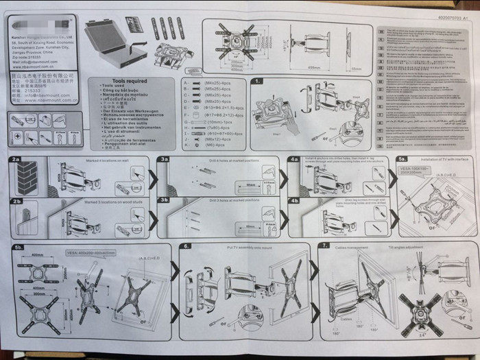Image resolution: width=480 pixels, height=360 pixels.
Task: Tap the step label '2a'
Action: (16, 160)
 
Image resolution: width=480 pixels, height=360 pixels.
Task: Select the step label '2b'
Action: (16, 202)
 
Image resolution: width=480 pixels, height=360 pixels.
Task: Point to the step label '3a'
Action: (164, 159)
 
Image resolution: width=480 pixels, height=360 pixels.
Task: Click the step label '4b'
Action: (293, 201)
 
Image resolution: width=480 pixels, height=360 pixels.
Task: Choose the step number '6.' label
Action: (186, 245)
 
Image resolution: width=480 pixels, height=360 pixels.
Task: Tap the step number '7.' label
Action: (323, 245)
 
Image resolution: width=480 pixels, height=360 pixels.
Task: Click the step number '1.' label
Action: (257, 81)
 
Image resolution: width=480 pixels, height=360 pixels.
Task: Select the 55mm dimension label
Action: (356, 69)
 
